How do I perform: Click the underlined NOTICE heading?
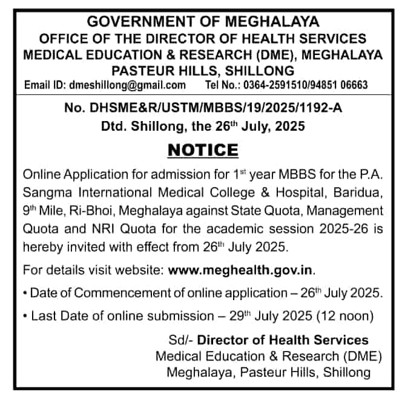(202, 149)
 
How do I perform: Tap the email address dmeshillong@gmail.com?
(127, 85)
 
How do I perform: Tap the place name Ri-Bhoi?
(94, 211)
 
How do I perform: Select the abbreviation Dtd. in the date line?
(113, 127)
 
